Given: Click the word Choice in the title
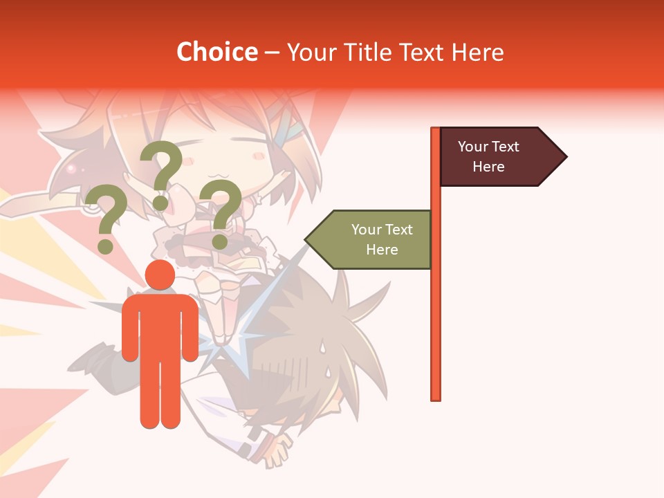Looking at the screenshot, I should point(216,52).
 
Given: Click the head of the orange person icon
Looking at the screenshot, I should point(160,275).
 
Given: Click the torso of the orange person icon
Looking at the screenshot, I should point(160,325).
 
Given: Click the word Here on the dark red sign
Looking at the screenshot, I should point(488,167).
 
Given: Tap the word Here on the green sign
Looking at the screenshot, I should point(382,250).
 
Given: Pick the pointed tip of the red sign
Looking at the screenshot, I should point(565,157).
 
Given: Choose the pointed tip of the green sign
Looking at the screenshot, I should point(307,239).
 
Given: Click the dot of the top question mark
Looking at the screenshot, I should point(160,203).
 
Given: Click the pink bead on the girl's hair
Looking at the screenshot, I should point(70,168).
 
